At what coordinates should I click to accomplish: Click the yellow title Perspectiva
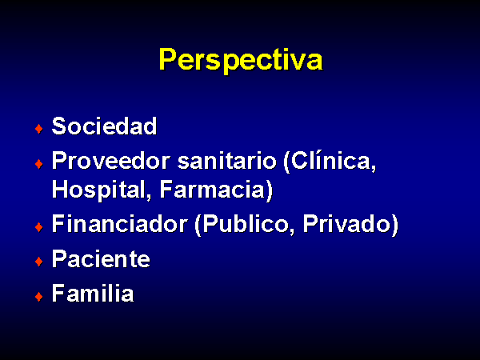tap(241, 60)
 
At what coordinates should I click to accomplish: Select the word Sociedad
tap(104, 126)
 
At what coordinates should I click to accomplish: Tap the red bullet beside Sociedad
tap(39, 129)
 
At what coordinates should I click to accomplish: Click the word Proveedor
tap(111, 161)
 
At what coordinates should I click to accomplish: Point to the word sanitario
tap(227, 161)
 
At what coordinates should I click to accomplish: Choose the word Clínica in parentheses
tap(331, 162)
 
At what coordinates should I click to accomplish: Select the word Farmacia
tap(212, 190)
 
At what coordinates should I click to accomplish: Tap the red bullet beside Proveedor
tap(39, 164)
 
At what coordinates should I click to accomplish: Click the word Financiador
tap(120, 223)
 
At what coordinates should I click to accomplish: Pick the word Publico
tap(246, 223)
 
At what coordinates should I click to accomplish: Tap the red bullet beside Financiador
tap(39, 227)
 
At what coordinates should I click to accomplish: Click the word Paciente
tap(101, 258)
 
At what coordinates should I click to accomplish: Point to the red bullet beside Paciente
tap(39, 262)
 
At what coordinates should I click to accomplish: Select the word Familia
tap(93, 293)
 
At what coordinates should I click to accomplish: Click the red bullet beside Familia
tap(39, 297)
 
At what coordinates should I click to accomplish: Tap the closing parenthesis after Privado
tap(395, 225)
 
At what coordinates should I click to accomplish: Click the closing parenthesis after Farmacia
tap(269, 191)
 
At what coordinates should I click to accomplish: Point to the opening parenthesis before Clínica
tap(286, 162)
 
